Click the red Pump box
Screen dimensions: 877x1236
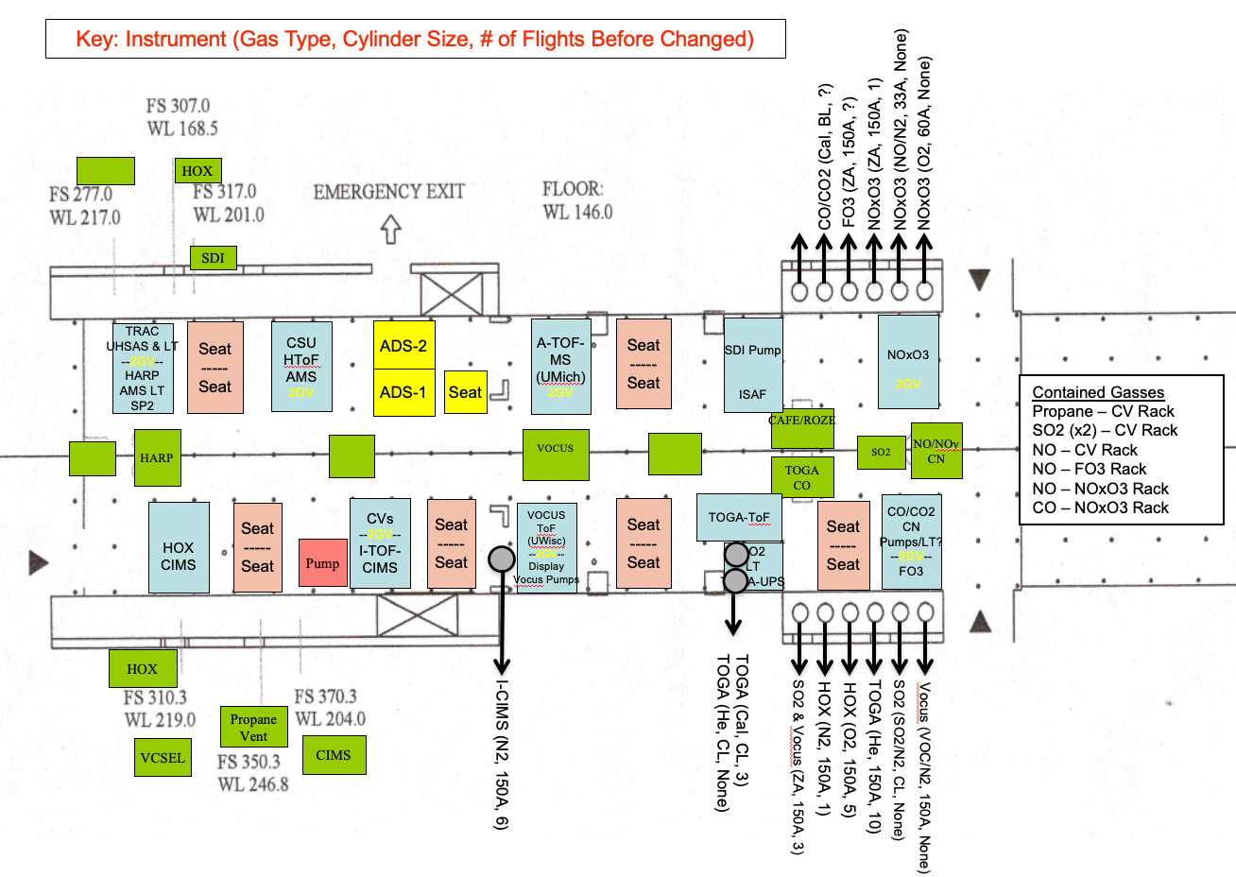(321, 563)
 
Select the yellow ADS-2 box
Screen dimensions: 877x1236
(403, 346)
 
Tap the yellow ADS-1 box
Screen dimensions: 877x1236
(403, 392)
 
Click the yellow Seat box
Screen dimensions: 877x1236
(465, 392)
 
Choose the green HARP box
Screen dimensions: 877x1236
(157, 457)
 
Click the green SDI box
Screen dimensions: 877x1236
(214, 257)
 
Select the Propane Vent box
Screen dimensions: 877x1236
(253, 727)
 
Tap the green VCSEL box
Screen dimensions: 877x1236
(163, 757)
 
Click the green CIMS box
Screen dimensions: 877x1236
(334, 754)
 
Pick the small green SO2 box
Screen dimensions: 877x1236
(881, 452)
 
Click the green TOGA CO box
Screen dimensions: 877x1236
(801, 477)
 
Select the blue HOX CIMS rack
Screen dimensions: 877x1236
(179, 548)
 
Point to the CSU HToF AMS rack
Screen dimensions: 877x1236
(301, 367)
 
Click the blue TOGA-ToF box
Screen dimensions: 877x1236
(739, 517)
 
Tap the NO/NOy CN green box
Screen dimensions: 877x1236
(936, 450)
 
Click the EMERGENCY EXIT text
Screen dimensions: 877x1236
(389, 192)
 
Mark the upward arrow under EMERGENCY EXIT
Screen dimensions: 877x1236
(390, 230)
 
